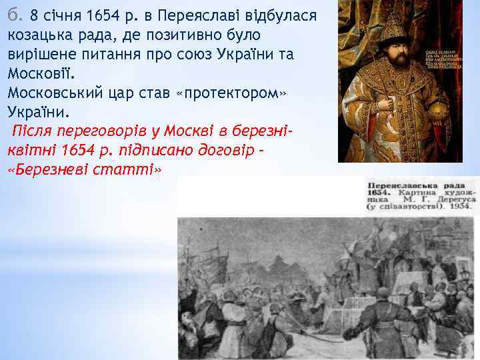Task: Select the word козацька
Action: (39, 34)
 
